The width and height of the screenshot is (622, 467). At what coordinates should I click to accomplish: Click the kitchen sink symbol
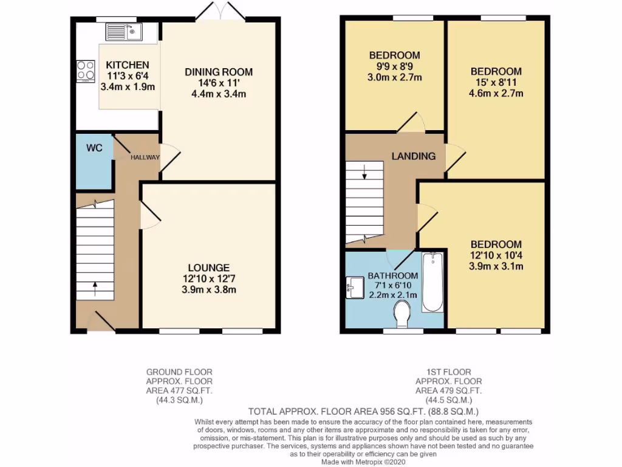(x=123, y=31)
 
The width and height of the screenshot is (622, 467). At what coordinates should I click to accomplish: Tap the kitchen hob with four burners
(x=85, y=71)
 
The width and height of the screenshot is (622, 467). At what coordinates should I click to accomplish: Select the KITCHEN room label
(x=127, y=65)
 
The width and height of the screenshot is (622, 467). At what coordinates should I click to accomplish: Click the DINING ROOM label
(x=219, y=72)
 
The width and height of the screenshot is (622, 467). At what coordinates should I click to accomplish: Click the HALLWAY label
(x=145, y=157)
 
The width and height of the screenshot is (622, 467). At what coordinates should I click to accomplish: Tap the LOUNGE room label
(x=208, y=268)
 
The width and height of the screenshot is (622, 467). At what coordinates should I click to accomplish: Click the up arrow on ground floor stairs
(x=95, y=286)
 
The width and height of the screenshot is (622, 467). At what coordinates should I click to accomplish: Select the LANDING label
(x=413, y=156)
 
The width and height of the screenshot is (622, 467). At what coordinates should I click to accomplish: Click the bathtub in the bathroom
(x=432, y=282)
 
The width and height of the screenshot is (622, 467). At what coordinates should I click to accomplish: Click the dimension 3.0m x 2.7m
(x=394, y=77)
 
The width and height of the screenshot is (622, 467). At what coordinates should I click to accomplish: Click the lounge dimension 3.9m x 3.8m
(x=208, y=289)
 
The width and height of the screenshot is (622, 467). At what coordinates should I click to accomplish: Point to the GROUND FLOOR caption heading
(x=179, y=372)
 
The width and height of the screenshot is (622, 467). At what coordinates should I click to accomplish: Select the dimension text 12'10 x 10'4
(x=496, y=255)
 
